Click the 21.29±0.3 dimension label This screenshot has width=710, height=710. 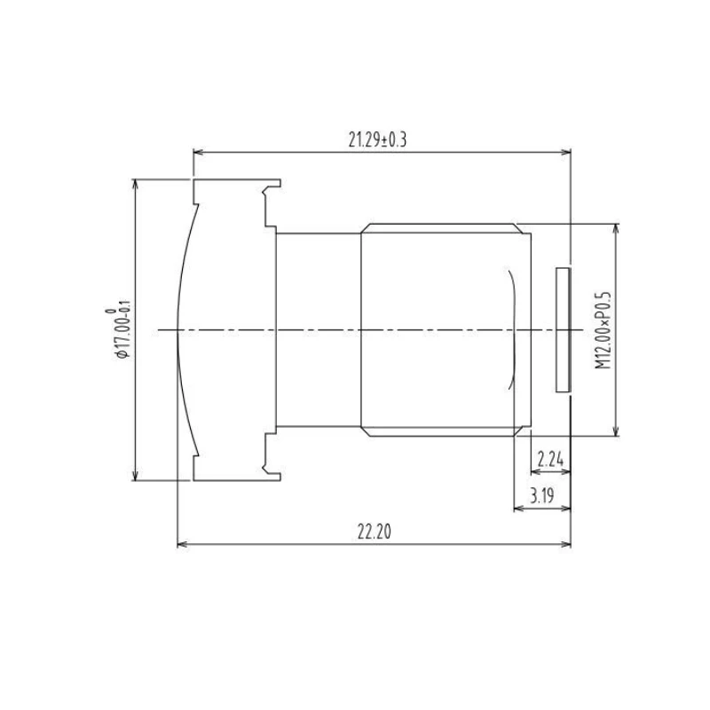(377, 140)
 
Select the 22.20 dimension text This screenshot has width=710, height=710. (374, 532)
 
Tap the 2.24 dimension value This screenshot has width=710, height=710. (550, 460)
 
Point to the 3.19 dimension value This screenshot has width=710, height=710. (541, 495)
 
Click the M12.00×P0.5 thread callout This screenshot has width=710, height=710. (603, 330)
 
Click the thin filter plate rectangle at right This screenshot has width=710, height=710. (563, 329)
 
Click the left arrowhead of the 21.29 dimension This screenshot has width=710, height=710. (198, 152)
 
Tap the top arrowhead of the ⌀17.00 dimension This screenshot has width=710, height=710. (135, 185)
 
